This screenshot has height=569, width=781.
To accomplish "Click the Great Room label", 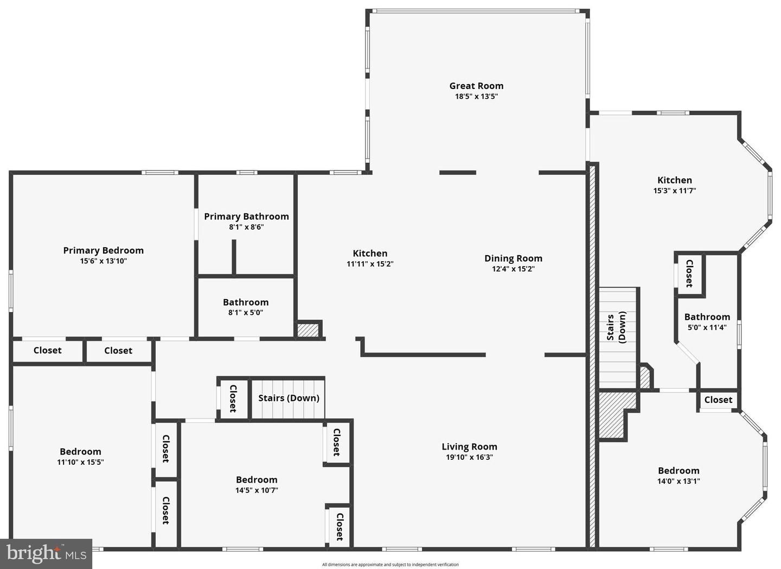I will (x=476, y=86).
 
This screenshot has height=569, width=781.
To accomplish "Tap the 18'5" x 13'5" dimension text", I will (x=476, y=97).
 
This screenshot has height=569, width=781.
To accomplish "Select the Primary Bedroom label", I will (x=103, y=250).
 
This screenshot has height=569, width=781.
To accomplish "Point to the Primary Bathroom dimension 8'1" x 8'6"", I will (x=246, y=227).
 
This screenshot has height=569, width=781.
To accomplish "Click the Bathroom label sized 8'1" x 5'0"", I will (x=246, y=302).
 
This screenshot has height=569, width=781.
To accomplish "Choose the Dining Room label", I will (x=513, y=258).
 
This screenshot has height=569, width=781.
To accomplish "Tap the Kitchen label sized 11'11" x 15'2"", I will (x=370, y=254).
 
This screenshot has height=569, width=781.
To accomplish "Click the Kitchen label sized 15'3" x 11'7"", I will (x=675, y=180).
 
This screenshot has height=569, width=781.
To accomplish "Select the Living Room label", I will (x=469, y=447).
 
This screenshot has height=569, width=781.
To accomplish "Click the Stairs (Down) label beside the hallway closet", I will (x=289, y=398).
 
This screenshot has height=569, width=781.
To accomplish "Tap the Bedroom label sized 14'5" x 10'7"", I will (x=257, y=480).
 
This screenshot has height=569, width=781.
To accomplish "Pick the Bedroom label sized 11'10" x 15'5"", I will (x=80, y=452).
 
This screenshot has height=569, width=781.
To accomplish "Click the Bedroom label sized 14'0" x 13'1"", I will (x=678, y=471).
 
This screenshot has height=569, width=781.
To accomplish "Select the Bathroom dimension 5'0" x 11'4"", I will (x=707, y=327).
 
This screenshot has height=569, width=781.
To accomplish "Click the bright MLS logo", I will (x=46, y=553).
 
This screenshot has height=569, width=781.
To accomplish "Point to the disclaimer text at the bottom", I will (x=390, y=565).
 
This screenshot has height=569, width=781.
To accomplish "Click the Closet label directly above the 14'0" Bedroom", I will (x=718, y=400).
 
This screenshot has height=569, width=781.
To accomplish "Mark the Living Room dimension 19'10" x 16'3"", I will (x=469, y=457).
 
